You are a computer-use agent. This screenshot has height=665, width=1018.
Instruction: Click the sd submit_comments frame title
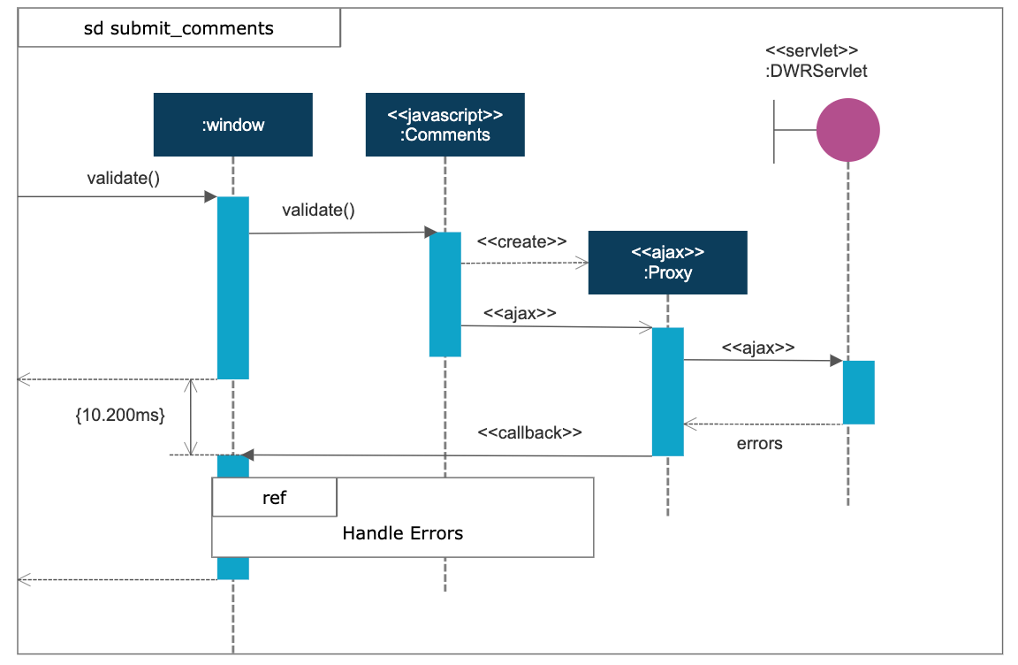[179, 28]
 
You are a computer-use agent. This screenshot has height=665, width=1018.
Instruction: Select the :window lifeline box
[232, 125]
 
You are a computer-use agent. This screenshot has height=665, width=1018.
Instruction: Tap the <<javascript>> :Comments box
[444, 125]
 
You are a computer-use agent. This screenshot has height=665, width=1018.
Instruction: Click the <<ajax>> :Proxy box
[667, 263]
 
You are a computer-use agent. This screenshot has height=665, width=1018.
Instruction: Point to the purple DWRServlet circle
[847, 129]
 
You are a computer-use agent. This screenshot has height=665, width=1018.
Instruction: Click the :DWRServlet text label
[817, 71]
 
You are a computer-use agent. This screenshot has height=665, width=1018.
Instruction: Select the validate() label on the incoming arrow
[123, 179]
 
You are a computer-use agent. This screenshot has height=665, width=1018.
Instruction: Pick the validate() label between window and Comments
[318, 210]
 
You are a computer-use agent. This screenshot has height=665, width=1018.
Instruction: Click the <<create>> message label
[521, 241]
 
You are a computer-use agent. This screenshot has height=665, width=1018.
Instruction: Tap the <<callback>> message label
[530, 432]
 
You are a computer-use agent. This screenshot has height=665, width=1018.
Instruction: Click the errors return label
[759, 444]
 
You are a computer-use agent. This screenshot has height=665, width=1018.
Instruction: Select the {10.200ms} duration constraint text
[120, 415]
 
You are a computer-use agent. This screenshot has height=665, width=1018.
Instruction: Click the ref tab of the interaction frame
[275, 498]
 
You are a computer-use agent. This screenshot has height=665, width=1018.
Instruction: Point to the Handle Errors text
[402, 533]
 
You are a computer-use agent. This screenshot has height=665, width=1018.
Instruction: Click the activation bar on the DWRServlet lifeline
[857, 392]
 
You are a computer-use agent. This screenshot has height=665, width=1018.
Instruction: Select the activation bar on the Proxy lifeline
[667, 392]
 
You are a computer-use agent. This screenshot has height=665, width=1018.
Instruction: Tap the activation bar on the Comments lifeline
[444, 294]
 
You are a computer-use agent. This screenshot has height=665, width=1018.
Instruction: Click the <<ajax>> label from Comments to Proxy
[520, 312]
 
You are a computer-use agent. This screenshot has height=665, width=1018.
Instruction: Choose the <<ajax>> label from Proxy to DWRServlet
[757, 348]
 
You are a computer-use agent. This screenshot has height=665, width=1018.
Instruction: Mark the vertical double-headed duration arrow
[190, 417]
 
